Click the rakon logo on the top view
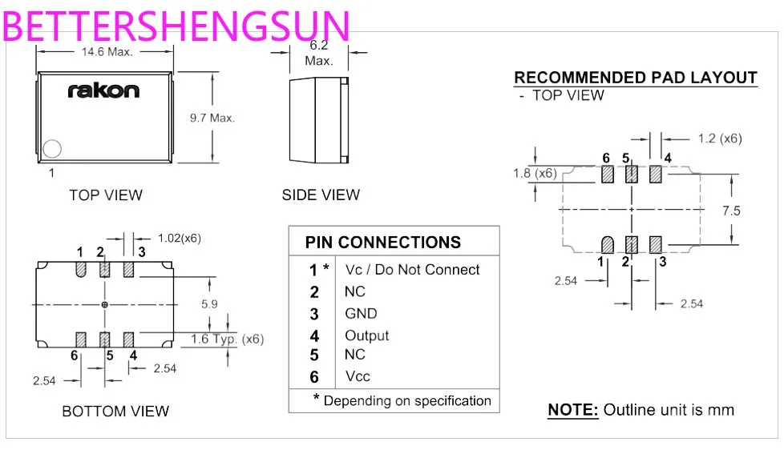click(x=103, y=90)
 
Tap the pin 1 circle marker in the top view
click(x=53, y=149)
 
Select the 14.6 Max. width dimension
click(x=107, y=51)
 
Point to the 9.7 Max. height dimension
click(x=212, y=118)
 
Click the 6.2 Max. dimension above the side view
click(x=318, y=53)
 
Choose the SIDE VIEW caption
click(x=321, y=195)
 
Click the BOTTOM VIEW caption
click(x=115, y=412)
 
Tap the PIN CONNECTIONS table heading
click(x=383, y=243)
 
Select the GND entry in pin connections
click(x=361, y=314)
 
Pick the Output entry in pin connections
click(x=366, y=335)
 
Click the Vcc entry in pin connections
click(x=358, y=376)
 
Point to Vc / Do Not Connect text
click(x=412, y=270)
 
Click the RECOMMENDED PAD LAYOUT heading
click(x=635, y=78)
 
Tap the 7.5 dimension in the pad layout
click(x=731, y=211)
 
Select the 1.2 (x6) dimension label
click(x=719, y=139)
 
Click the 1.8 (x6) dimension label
click(x=535, y=173)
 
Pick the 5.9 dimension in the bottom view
click(x=210, y=305)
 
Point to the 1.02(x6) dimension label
click(x=179, y=238)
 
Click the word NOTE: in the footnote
click(x=572, y=410)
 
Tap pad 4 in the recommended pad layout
click(x=656, y=173)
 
